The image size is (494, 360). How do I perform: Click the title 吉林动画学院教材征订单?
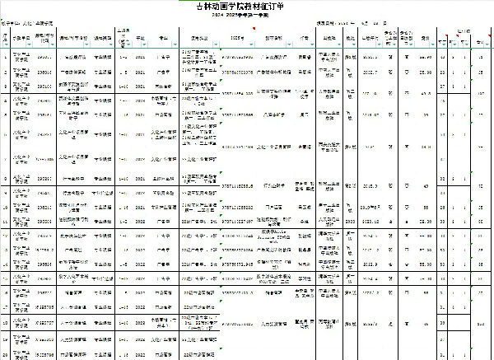point(247,7)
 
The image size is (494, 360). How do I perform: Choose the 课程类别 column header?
point(103,37)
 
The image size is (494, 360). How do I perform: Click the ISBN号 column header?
point(238,37)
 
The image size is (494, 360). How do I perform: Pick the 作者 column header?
point(305,37)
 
